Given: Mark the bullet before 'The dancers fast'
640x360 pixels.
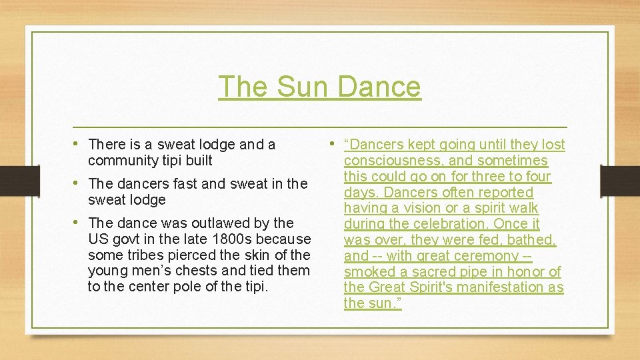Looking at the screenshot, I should tap(79, 183).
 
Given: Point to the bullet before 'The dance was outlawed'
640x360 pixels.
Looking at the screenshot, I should tap(79, 222).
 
